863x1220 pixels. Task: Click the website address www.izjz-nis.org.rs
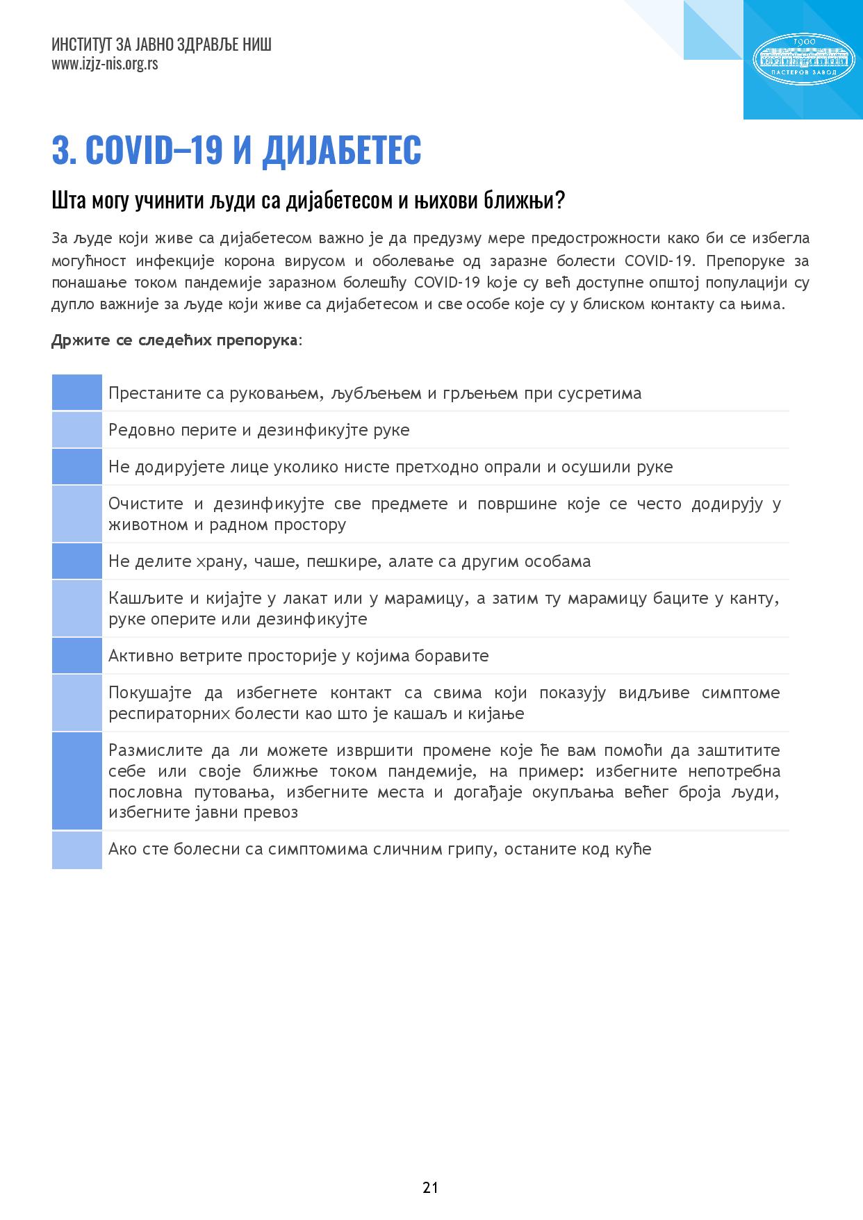pyautogui.click(x=104, y=64)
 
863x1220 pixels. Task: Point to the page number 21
pyautogui.click(x=430, y=1187)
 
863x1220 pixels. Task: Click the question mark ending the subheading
pyautogui.click(x=559, y=201)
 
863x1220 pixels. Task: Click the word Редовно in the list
pyautogui.click(x=136, y=430)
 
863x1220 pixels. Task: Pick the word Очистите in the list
pyautogui.click(x=146, y=504)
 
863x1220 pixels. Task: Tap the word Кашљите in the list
pyautogui.click(x=143, y=598)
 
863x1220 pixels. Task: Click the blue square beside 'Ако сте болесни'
pyautogui.click(x=77, y=850)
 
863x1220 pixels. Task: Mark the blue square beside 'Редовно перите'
pyautogui.click(x=77, y=429)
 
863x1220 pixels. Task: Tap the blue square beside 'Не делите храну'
pyautogui.click(x=77, y=561)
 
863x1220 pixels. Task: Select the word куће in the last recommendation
pyautogui.click(x=633, y=849)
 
